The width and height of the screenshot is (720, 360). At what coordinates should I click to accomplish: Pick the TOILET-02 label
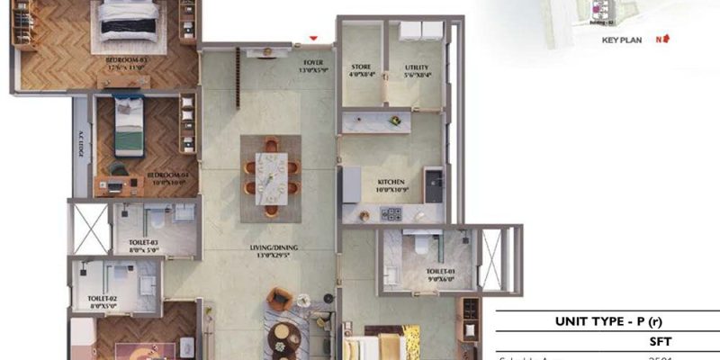tap(102, 301)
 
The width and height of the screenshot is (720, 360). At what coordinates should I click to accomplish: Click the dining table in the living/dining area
tap(271, 174)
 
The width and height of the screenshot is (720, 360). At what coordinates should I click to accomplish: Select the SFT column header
tap(661, 342)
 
